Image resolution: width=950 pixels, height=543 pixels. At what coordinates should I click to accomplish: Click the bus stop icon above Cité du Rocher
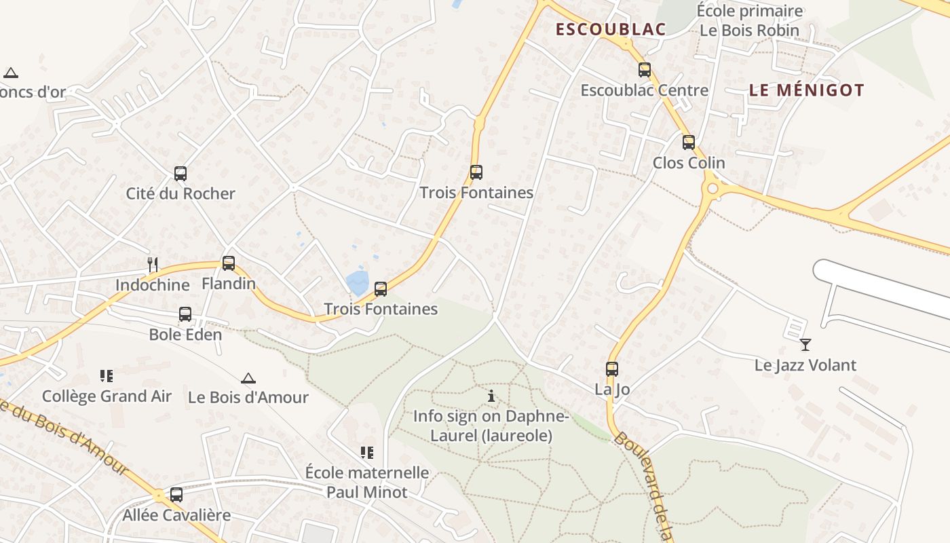point(180,173)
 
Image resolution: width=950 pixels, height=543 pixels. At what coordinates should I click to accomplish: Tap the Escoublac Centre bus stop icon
point(644,69)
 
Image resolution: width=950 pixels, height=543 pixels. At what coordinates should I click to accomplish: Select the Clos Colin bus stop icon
point(688,142)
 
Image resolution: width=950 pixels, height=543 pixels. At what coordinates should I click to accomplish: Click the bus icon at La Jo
point(611,369)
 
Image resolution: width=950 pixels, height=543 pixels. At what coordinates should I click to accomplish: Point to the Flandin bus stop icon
point(229,263)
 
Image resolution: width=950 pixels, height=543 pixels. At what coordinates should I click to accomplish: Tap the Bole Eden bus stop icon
point(185,314)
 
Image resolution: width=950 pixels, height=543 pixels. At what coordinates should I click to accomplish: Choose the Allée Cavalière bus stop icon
point(176,494)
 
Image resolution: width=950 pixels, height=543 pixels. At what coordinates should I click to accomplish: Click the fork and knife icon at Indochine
point(153,264)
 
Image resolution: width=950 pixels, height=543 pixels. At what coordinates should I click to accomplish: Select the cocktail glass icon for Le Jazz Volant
point(805,345)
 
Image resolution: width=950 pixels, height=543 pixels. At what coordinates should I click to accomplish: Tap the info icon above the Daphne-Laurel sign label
point(491,396)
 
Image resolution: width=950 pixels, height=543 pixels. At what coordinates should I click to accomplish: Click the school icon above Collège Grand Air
point(106,375)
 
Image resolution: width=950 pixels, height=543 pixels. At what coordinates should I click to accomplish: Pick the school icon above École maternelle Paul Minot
point(366,452)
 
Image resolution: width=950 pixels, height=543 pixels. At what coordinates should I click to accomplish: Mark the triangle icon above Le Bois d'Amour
point(248,377)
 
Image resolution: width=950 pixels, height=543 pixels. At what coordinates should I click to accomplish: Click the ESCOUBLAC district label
point(610,29)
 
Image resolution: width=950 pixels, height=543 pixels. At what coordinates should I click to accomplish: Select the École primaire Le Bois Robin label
point(750,20)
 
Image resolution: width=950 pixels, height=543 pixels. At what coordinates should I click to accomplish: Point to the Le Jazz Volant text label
point(805,365)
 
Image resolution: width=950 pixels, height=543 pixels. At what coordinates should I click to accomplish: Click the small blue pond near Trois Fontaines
point(357,282)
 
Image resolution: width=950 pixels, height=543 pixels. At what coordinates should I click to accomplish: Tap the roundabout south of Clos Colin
point(711,189)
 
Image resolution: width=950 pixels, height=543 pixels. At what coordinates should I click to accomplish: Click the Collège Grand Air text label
point(107,396)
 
